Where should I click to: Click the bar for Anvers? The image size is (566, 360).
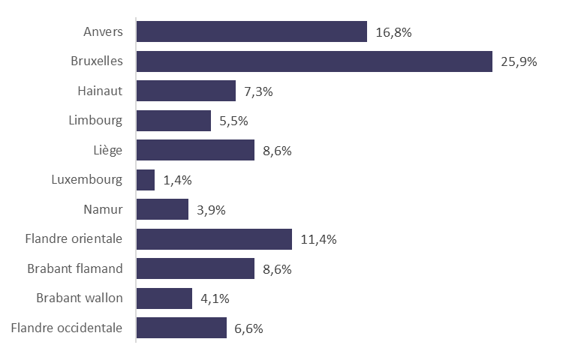[x=251, y=32]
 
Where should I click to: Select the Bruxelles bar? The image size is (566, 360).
[x=314, y=61]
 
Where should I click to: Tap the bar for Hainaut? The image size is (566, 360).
[x=186, y=91]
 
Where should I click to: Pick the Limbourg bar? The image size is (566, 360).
[x=173, y=120]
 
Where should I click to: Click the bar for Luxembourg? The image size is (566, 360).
[x=146, y=180]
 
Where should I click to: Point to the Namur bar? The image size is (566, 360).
[x=162, y=209]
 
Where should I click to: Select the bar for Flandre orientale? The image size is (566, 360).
[x=214, y=239]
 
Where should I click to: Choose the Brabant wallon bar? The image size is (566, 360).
[x=164, y=298]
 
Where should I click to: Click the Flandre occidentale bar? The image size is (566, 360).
[x=181, y=328]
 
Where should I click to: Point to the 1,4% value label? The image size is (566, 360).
[x=177, y=180]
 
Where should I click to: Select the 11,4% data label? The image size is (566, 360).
[x=318, y=239]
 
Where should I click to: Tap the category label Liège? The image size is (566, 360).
[x=108, y=150]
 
